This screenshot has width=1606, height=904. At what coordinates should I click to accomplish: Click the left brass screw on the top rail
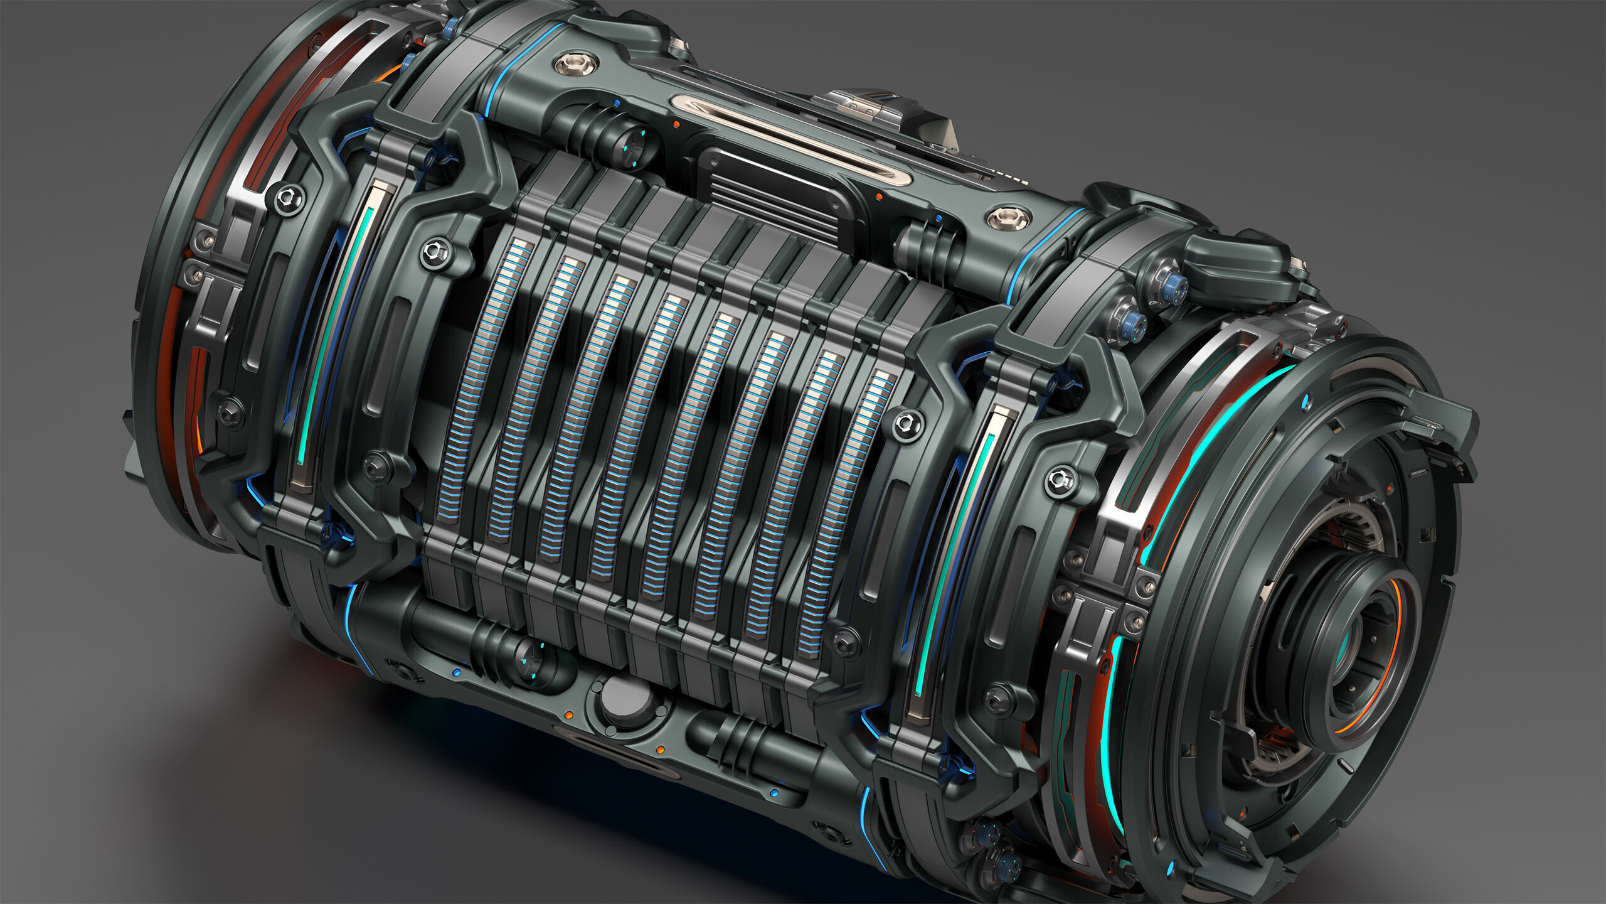[575, 63]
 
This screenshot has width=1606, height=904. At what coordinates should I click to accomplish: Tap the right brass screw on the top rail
[1008, 219]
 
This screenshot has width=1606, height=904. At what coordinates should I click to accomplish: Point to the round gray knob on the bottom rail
[623, 697]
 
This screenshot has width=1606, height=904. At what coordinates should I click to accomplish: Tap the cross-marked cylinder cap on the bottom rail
[533, 659]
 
